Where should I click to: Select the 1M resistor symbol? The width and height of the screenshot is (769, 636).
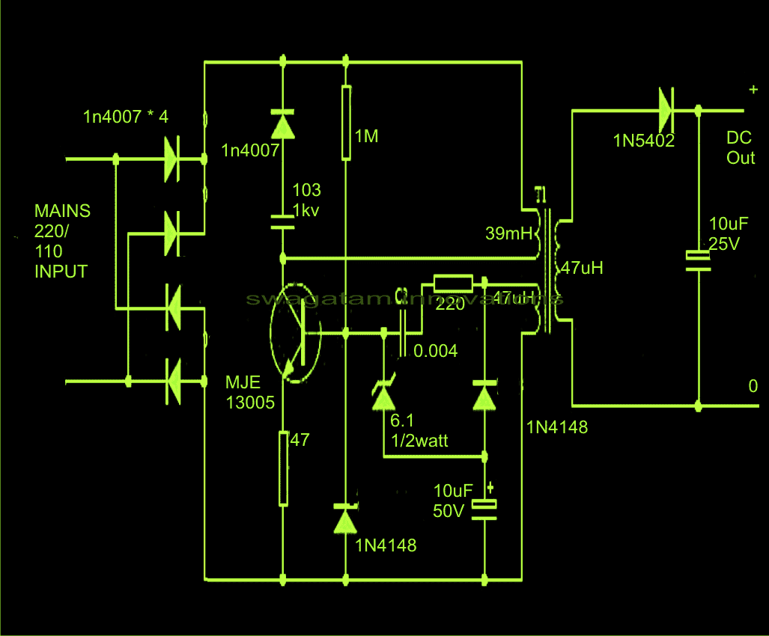pos(345,123)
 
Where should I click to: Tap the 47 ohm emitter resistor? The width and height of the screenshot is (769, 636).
pos(283,467)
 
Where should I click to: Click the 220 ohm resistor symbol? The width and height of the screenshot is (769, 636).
pos(453,284)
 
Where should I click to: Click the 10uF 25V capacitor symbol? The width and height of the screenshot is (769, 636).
pos(698,259)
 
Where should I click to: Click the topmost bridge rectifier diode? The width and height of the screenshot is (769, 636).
pos(171,159)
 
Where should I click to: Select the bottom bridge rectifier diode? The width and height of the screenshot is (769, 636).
pos(171,382)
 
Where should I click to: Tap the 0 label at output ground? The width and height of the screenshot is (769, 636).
pos(753,387)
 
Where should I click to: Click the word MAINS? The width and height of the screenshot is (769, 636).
pos(62,211)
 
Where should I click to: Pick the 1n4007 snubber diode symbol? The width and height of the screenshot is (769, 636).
pos(283,123)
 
